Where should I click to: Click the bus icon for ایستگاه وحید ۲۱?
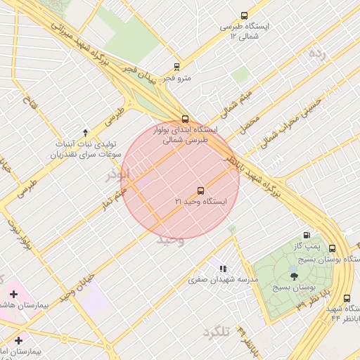click(200, 191)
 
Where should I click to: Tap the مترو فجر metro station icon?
click(176, 67)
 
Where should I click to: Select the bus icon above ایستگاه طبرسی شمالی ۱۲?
click(244, 15)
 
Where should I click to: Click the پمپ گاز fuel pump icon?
click(306, 236)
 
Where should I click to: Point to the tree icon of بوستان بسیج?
click(294, 276)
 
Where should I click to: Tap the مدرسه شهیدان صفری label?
click(224, 279)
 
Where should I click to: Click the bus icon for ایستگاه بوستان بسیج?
click(332, 248)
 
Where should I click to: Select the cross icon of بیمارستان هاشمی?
click(13, 293)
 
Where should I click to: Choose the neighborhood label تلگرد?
click(216, 331)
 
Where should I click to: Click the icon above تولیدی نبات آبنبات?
click(86, 132)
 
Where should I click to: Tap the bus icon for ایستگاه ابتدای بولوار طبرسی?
click(185, 119)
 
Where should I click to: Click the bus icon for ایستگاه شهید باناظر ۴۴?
click(347, 298)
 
